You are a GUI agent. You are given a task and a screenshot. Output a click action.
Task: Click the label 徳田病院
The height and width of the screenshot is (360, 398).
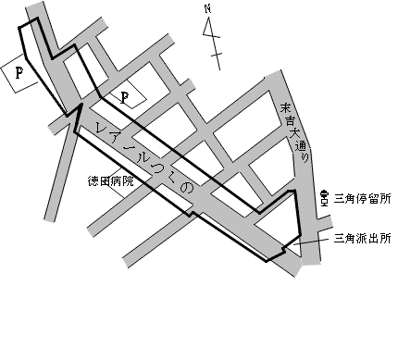click(x=112, y=180)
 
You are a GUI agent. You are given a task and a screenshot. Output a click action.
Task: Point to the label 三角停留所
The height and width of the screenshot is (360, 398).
click(x=361, y=196)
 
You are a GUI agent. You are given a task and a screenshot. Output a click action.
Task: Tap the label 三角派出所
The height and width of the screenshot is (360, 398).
click(x=361, y=237)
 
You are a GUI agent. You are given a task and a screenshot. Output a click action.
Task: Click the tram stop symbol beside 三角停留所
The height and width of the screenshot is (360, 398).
click(x=324, y=197)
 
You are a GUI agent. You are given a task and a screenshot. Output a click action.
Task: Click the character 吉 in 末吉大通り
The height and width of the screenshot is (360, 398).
click(x=289, y=121)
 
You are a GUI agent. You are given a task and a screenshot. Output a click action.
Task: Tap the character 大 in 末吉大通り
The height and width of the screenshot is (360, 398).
click(x=293, y=134)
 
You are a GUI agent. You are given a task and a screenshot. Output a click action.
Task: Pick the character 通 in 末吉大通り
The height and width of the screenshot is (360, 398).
click(x=297, y=147)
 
